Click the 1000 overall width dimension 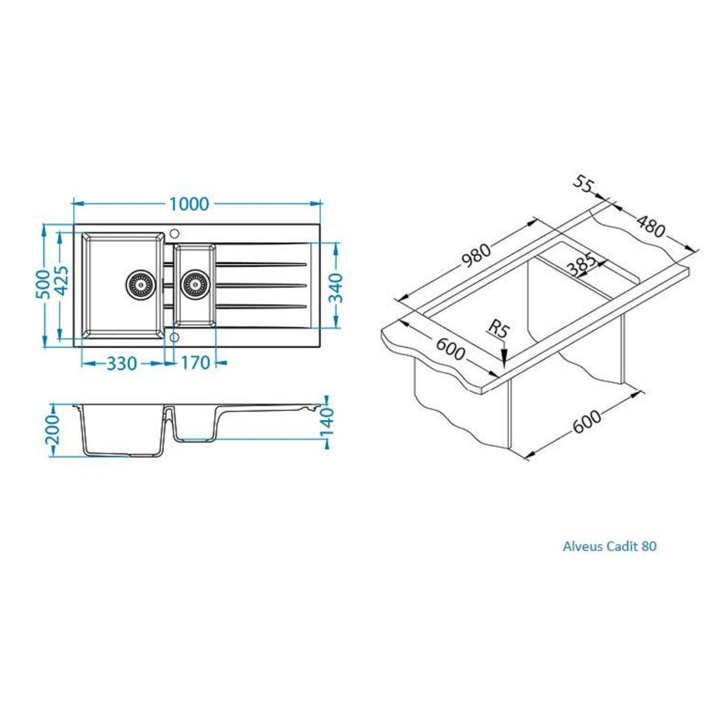coord(189,204)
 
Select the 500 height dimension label coord(43,286)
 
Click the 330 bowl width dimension coord(122,363)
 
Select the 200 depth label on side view coord(53,431)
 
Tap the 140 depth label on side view coord(327,422)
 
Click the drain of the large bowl coord(141,284)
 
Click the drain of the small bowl coord(194,284)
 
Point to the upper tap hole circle coord(175,233)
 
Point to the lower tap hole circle coord(174,338)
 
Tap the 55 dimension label coord(584,184)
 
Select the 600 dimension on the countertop coord(450,349)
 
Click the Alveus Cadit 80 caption coord(609,546)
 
